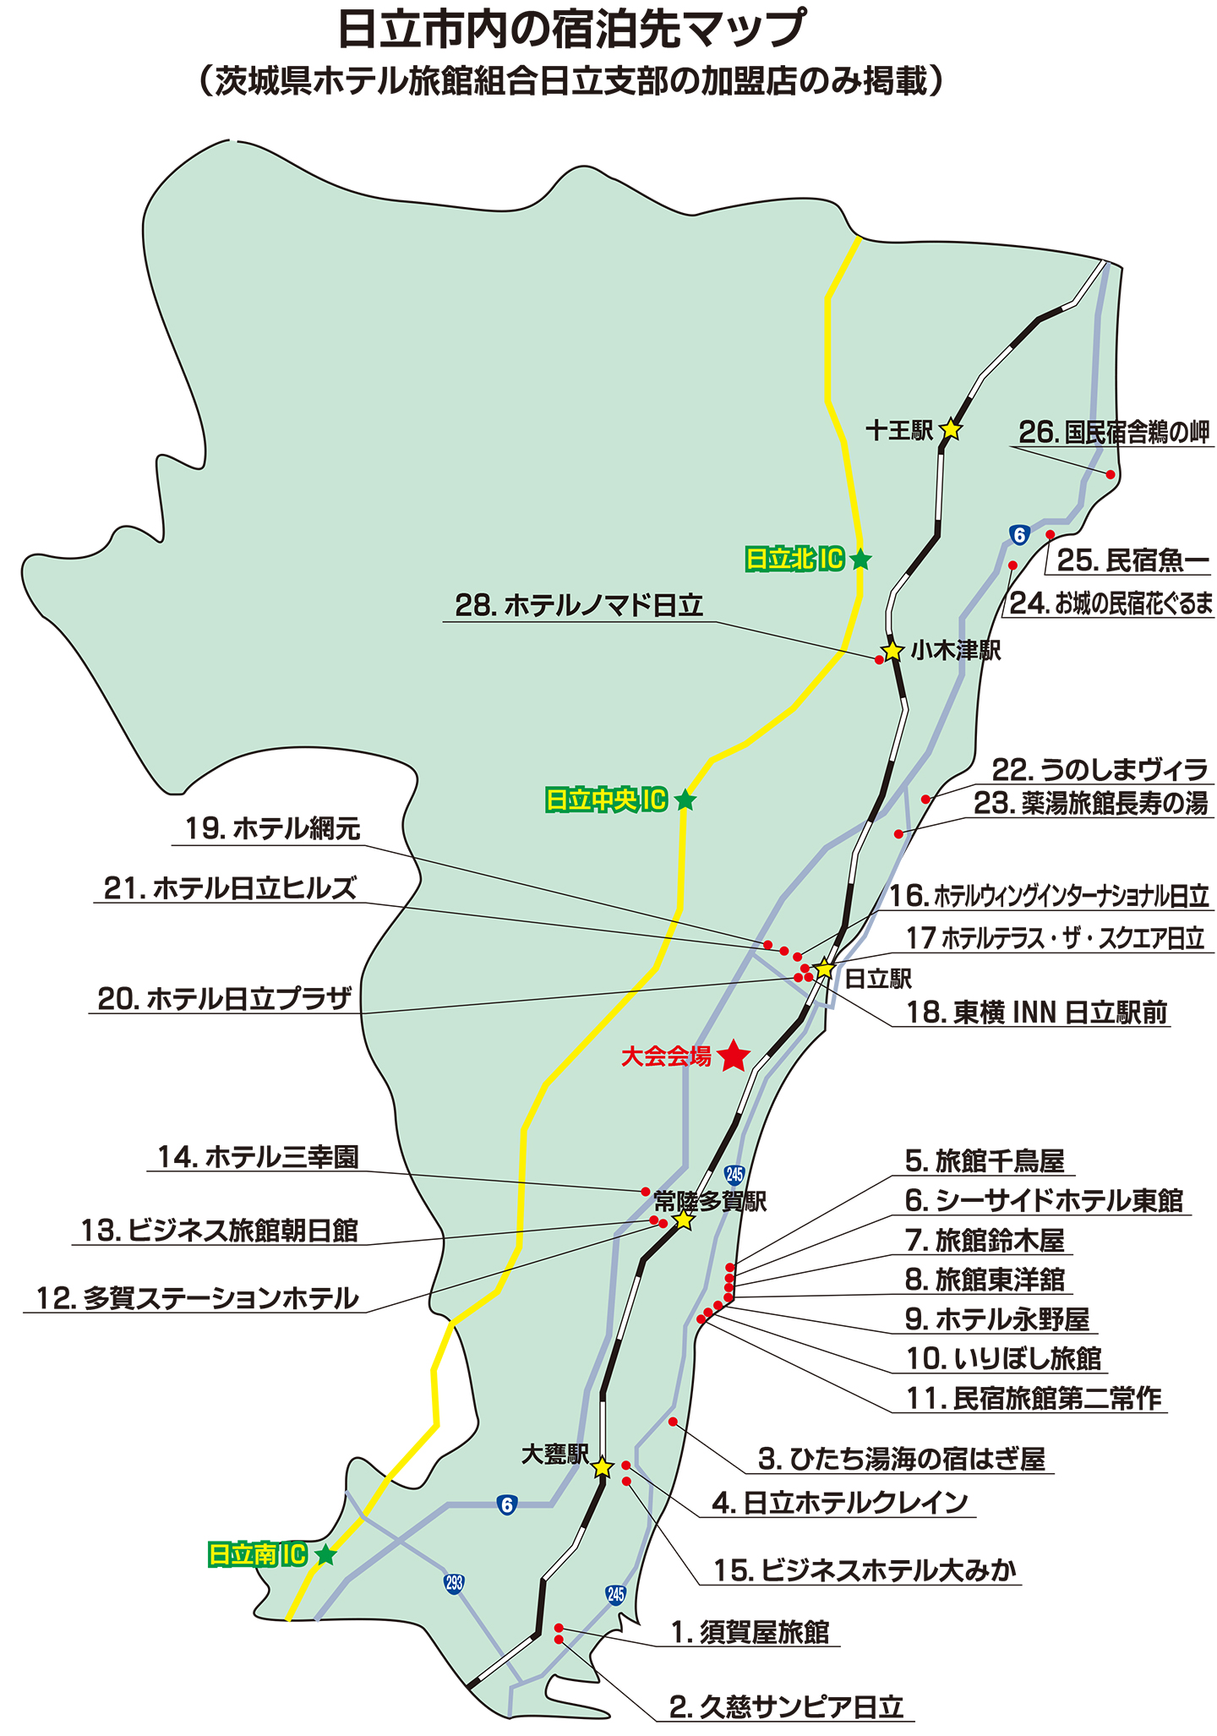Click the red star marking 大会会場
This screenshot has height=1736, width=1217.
pos(733,1056)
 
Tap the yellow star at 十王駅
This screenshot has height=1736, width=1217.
pos(951,429)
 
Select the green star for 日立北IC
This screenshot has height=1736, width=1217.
pos(860,560)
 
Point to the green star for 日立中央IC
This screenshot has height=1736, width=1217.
pos(685,800)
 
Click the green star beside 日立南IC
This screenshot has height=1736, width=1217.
pos(325,1554)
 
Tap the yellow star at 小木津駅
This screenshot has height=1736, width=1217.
pos(892,652)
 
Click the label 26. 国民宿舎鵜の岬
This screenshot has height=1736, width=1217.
pos(1113,433)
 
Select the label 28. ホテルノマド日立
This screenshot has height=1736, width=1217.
pos(578,605)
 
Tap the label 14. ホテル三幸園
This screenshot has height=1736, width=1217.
pos(259,1156)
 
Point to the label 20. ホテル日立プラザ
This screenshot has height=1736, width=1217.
pos(224,999)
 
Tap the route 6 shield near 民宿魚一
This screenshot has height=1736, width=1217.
pos(1019,535)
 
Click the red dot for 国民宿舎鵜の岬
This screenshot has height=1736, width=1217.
pos(1111,475)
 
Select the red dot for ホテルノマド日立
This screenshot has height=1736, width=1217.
pos(879,660)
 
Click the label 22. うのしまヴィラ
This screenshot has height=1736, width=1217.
pos(1099,769)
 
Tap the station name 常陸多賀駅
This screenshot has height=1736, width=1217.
pos(710,1202)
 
